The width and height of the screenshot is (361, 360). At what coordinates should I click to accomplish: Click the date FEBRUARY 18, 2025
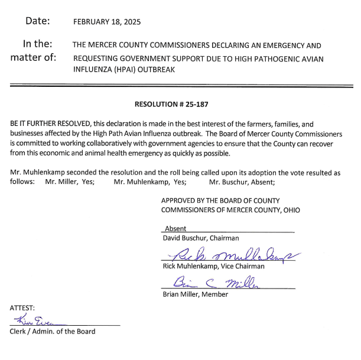[107, 22]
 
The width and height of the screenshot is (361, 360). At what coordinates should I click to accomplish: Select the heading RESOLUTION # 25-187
[171, 104]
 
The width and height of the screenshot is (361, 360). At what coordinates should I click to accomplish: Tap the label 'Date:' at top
[37, 21]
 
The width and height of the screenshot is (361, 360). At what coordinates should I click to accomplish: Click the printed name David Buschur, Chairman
[200, 238]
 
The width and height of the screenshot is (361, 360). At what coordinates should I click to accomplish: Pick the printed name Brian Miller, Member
[195, 294]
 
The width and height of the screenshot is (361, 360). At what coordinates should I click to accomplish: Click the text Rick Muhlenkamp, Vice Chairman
[213, 266]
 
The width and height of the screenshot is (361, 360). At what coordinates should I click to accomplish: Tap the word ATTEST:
[22, 308]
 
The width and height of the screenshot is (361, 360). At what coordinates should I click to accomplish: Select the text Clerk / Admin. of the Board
[53, 331]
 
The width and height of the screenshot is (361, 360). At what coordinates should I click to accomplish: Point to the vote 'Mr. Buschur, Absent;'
[242, 182]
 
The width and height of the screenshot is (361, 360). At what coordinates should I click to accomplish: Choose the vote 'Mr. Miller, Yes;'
[70, 182]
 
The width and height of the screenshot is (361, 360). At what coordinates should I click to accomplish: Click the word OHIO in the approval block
[291, 210]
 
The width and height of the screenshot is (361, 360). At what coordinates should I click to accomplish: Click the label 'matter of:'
[33, 57]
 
